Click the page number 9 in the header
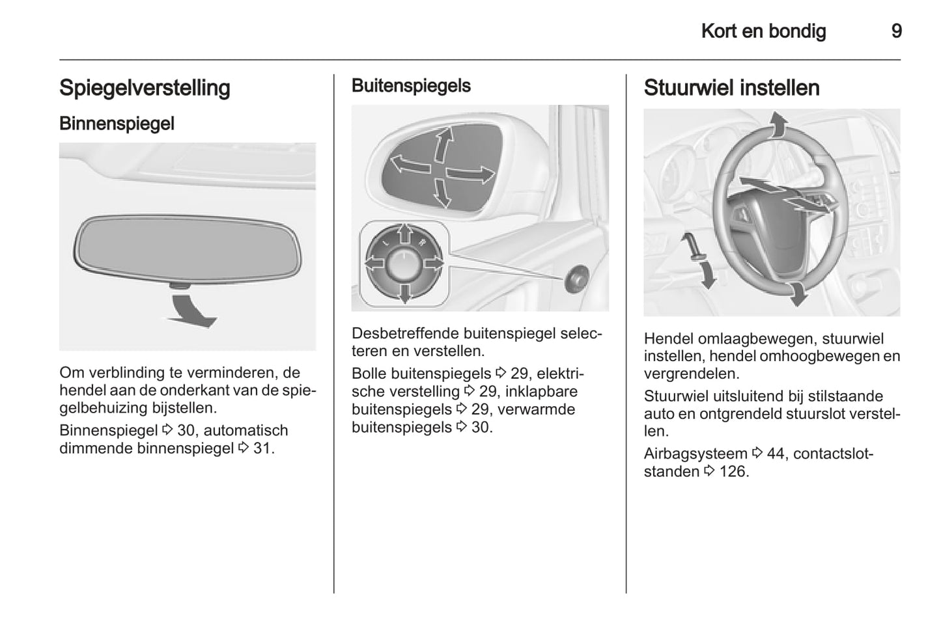pyautogui.click(x=896, y=31)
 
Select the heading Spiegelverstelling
pyautogui.click(x=145, y=88)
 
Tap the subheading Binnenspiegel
pyautogui.click(x=117, y=123)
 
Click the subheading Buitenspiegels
pyautogui.click(x=411, y=86)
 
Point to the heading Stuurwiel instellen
pyautogui.click(x=731, y=88)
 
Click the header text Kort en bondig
pyautogui.click(x=763, y=31)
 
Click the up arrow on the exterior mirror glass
pyautogui.click(x=443, y=144)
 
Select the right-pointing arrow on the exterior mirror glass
pyautogui.click(x=471, y=174)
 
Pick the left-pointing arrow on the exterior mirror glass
pyautogui.click(x=409, y=163)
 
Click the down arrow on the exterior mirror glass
pyautogui.click(x=442, y=193)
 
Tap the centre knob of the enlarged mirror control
pyautogui.click(x=404, y=264)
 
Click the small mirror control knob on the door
pyautogui.click(x=576, y=279)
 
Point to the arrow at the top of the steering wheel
pyautogui.click(x=776, y=124)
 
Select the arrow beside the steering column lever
pyautogui.click(x=705, y=268)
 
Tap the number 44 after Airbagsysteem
pyautogui.click(x=775, y=454)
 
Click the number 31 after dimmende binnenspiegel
pyautogui.click(x=262, y=448)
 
